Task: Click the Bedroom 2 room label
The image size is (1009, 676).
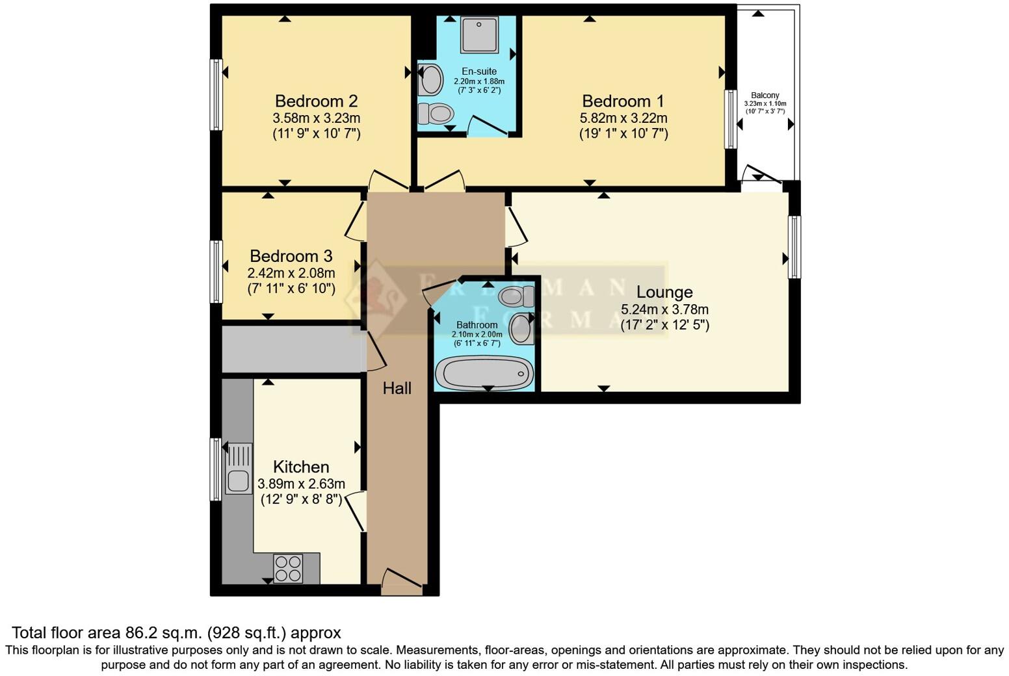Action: tap(316, 101)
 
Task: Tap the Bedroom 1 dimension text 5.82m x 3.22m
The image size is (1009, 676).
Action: tap(623, 118)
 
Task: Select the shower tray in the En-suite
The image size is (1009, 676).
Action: tap(480, 34)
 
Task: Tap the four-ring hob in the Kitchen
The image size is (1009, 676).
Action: tap(288, 568)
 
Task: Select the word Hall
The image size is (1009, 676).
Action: tap(397, 388)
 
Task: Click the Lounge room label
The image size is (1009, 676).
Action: tap(664, 292)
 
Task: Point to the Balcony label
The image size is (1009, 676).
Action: tap(765, 95)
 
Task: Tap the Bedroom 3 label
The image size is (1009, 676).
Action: tap(291, 256)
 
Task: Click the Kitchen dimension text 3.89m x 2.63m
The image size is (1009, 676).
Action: tap(301, 484)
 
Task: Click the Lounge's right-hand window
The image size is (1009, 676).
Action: tap(794, 247)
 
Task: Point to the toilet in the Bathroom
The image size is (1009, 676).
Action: tap(516, 297)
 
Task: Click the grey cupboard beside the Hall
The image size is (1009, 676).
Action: tap(291, 349)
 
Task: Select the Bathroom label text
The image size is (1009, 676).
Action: tap(477, 325)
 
